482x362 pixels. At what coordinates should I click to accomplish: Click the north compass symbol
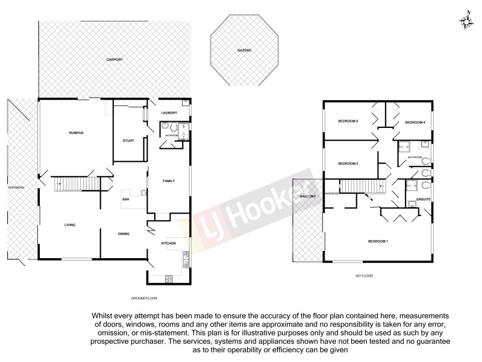tap(466, 21)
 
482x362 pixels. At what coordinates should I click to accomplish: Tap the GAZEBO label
tap(243, 51)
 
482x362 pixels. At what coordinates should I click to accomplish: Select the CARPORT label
tap(114, 60)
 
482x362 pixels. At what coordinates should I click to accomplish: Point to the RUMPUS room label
tap(75, 132)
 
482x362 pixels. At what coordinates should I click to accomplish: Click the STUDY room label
tap(128, 141)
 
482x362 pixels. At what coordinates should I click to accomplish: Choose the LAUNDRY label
tap(168, 113)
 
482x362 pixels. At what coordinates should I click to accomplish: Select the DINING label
tap(124, 234)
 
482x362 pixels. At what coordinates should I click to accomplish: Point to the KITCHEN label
tap(168, 243)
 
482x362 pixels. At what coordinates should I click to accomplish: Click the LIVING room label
tap(70, 225)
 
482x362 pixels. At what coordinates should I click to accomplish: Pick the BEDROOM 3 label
tap(348, 121)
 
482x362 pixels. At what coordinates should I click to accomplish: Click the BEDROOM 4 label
tap(415, 122)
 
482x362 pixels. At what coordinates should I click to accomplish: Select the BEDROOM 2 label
tap(348, 164)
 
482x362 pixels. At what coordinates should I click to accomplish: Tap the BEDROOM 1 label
tap(378, 241)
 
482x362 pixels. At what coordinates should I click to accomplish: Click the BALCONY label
tap(307, 197)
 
